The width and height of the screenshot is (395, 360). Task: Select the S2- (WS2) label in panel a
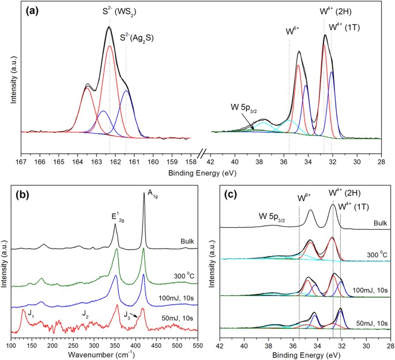[109, 10]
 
